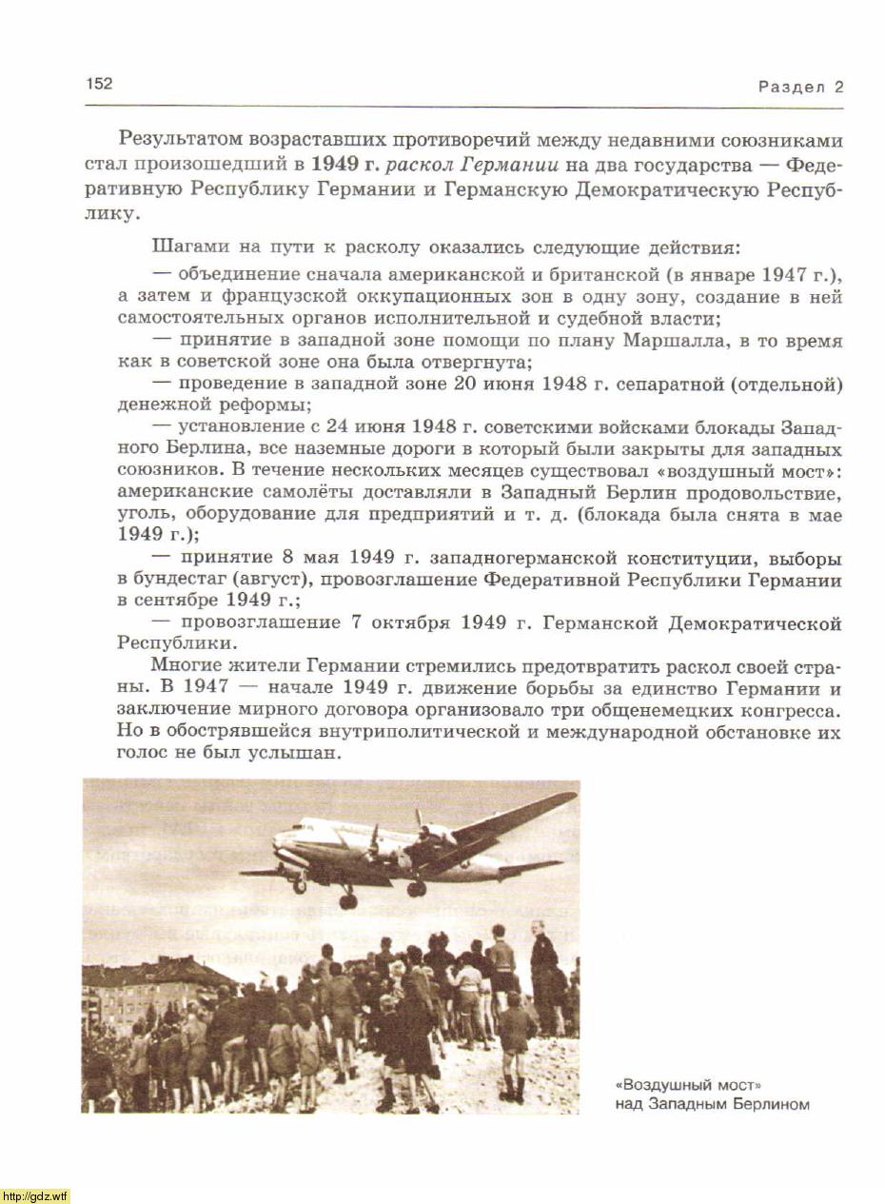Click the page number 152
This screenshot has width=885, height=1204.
[99, 84]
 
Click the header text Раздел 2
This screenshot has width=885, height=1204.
[800, 88]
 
